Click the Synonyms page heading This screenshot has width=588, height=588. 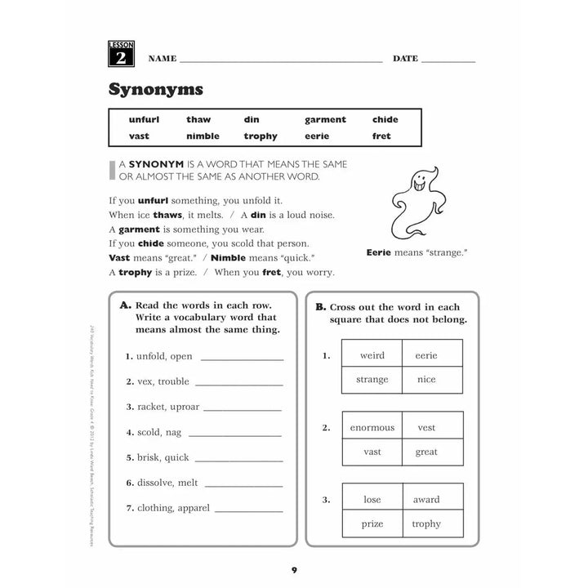coord(156,88)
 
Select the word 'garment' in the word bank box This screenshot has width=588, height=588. coord(325,119)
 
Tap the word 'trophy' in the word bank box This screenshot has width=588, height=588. coord(261,136)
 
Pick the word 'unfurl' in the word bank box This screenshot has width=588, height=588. coord(144,119)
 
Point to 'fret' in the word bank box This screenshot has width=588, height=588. coord(381,136)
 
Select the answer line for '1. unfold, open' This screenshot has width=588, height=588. coord(242,358)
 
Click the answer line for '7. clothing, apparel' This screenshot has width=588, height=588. coord(248,510)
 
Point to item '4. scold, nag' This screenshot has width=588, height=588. coord(154,432)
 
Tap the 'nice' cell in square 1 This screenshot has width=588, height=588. coord(426,379)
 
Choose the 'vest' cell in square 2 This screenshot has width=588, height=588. coord(426,427)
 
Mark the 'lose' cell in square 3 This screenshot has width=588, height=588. coord(372,500)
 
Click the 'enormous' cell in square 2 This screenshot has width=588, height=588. coord(372,427)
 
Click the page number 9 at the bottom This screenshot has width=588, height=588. coord(294,569)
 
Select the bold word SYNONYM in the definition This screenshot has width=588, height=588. coord(160,163)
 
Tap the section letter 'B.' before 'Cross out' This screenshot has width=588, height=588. coord(320,307)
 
